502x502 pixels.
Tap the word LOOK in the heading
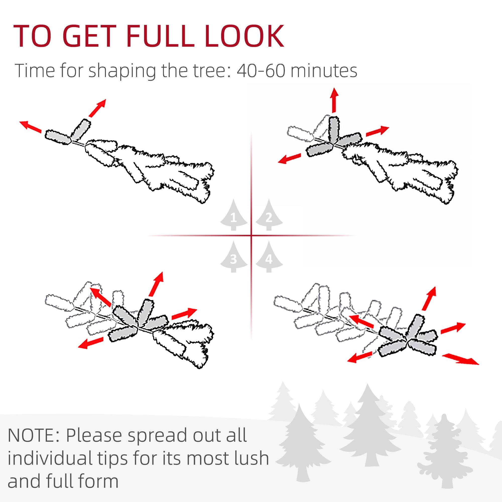click(x=244, y=36)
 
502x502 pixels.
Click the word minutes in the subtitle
click(x=324, y=71)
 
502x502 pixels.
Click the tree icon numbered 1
click(x=234, y=216)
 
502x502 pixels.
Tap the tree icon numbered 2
click(x=269, y=216)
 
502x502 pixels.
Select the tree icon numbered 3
click(x=234, y=258)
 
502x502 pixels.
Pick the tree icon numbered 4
click(x=269, y=258)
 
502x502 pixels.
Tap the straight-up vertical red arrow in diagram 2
click(x=334, y=100)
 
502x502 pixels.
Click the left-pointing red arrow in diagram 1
click(x=31, y=127)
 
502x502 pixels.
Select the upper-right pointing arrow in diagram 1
click(x=97, y=108)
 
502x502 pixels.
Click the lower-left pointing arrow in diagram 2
click(x=289, y=158)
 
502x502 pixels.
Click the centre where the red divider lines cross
click(x=251, y=236)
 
